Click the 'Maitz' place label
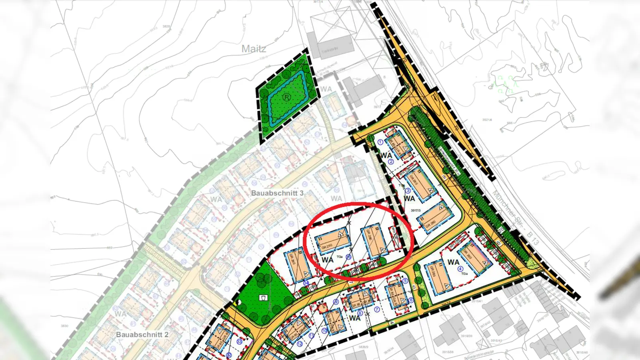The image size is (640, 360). coord(254,49)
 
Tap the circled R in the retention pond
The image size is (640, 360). coord(286,97)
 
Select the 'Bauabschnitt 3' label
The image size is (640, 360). coord(277,193)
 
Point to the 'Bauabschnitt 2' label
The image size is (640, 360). coord(142,334)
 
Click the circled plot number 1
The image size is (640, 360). coord(380,142)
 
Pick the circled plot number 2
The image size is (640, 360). coord(391,162)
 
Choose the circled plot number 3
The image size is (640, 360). coord(408,191)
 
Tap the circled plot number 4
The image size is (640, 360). coord(460,269)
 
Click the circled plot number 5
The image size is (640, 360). coord(405,281)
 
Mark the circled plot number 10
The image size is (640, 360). coord(324,330)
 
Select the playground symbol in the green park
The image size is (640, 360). coord(263,297)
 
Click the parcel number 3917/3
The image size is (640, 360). coord(416,210)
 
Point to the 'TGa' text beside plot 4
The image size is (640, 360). coord(464,274)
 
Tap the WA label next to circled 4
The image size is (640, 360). coord(453,262)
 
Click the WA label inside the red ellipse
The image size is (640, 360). coord(327,260)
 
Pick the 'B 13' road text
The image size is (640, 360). coord(532,238)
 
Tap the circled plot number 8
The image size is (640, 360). coord(360,313)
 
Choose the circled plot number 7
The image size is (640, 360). coord(376,309)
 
